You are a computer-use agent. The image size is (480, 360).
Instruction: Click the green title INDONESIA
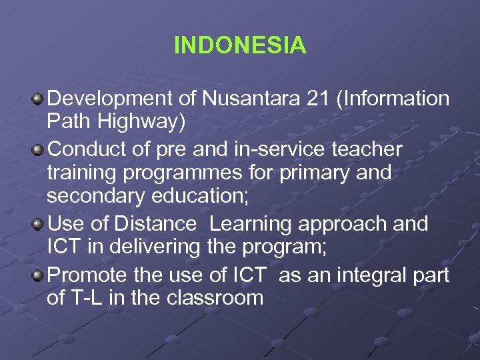(x=240, y=45)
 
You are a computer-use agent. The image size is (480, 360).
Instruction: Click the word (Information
(x=393, y=99)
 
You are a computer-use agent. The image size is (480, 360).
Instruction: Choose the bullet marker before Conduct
(x=38, y=149)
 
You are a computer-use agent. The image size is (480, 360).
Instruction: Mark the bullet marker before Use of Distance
(x=38, y=223)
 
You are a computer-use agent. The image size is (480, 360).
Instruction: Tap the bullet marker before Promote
(x=38, y=273)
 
